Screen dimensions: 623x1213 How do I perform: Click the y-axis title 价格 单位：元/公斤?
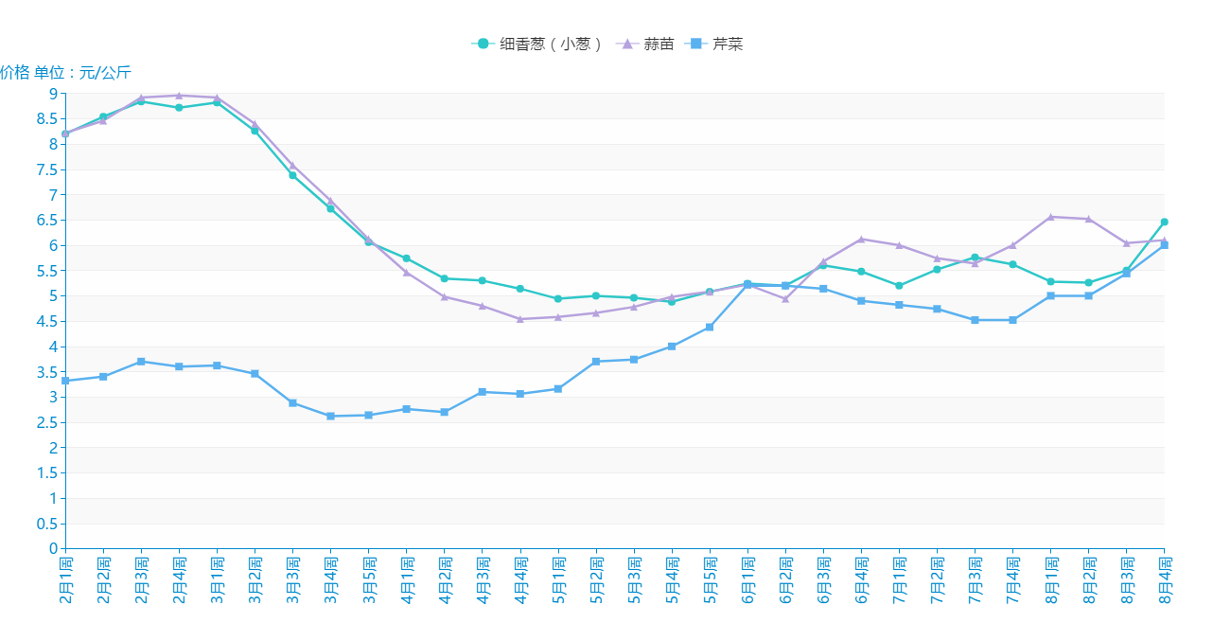(x=65, y=73)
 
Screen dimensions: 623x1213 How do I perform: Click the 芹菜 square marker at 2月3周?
(x=141, y=362)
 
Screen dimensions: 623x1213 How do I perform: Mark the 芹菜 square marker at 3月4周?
(x=330, y=416)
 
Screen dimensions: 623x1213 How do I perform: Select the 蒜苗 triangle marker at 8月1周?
(x=1050, y=217)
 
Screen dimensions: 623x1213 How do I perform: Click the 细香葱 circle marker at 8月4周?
(x=1164, y=222)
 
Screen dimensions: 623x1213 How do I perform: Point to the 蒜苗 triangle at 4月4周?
(x=520, y=319)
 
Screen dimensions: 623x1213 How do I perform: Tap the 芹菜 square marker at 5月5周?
(x=710, y=328)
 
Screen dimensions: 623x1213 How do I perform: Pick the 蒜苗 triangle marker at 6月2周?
(x=785, y=298)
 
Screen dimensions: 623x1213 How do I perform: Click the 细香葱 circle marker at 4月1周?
(x=406, y=258)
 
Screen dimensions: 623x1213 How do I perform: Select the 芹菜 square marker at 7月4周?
(x=1012, y=320)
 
